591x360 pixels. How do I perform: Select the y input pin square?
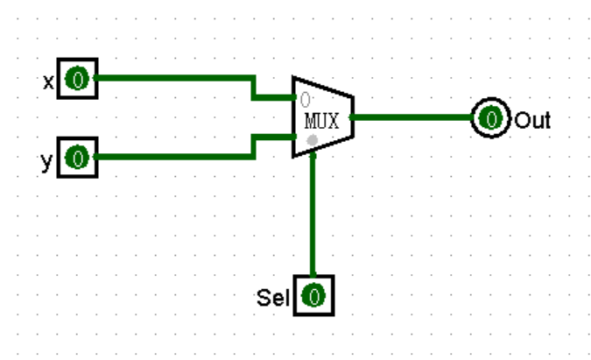pyautogui.click(x=77, y=158)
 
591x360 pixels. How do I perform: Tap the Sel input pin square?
pyautogui.click(x=313, y=296)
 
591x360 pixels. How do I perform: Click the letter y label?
pyautogui.click(x=47, y=160)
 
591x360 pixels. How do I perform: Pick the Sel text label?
pyautogui.click(x=273, y=298)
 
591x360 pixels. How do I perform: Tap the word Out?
pyautogui.click(x=532, y=120)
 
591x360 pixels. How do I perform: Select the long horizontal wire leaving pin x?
pyautogui.click(x=175, y=79)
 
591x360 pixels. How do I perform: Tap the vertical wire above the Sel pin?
pyautogui.click(x=313, y=219)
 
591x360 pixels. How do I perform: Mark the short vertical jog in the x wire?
pyautogui.click(x=253, y=88)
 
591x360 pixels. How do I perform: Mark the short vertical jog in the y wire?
pyautogui.click(x=253, y=146)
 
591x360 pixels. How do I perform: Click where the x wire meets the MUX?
pyautogui.click(x=292, y=97)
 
